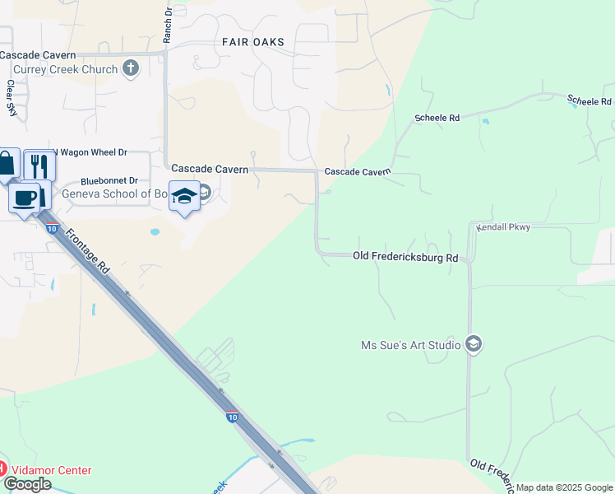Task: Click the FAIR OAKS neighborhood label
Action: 253,42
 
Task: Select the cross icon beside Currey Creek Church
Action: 131,69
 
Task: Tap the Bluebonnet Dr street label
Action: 112,181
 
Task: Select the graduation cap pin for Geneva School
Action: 184,196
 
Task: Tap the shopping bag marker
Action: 7,164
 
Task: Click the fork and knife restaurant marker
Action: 39,165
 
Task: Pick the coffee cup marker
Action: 25,198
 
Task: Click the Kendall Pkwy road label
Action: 504,227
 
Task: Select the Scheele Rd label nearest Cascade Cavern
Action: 437,119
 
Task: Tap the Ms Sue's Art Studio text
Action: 411,345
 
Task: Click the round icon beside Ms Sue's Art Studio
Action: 473,344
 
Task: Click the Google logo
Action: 26,484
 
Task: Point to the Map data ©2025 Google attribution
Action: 564,487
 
